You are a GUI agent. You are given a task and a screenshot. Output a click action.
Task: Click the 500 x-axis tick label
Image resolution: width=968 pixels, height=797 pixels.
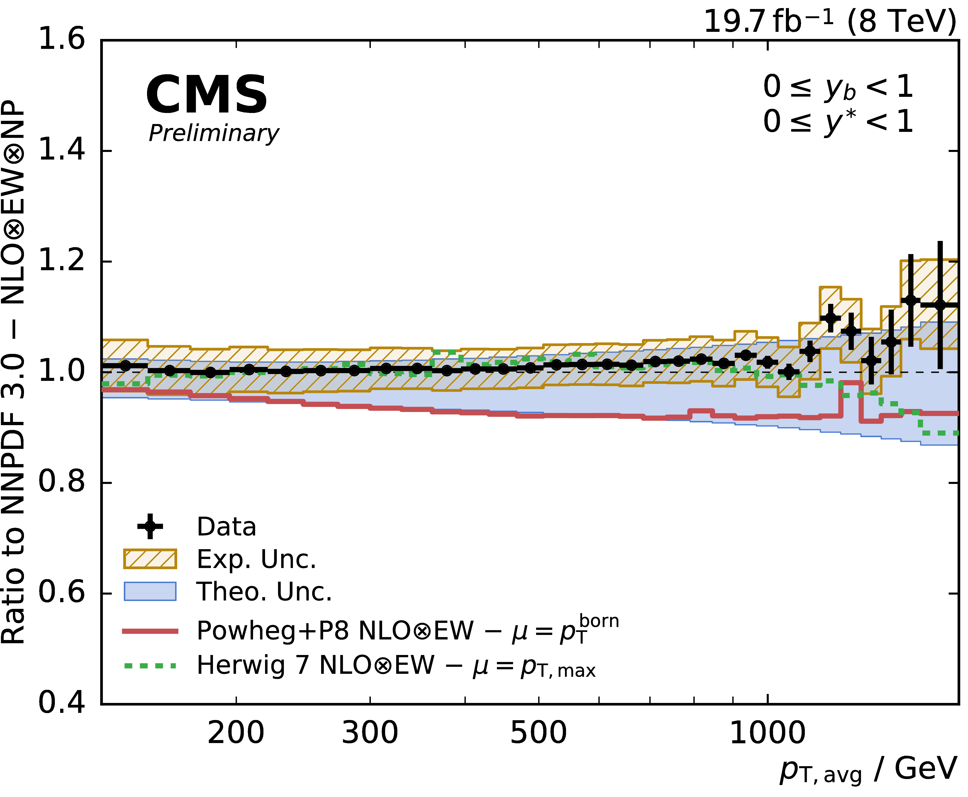(538, 733)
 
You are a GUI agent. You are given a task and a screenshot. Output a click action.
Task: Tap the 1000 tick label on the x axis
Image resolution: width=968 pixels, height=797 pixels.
(767, 733)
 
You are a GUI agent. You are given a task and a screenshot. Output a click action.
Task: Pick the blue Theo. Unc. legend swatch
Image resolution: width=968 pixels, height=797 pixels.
(150, 591)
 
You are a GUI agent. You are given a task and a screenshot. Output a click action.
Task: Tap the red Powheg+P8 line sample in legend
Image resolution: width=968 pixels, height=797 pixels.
(150, 631)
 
